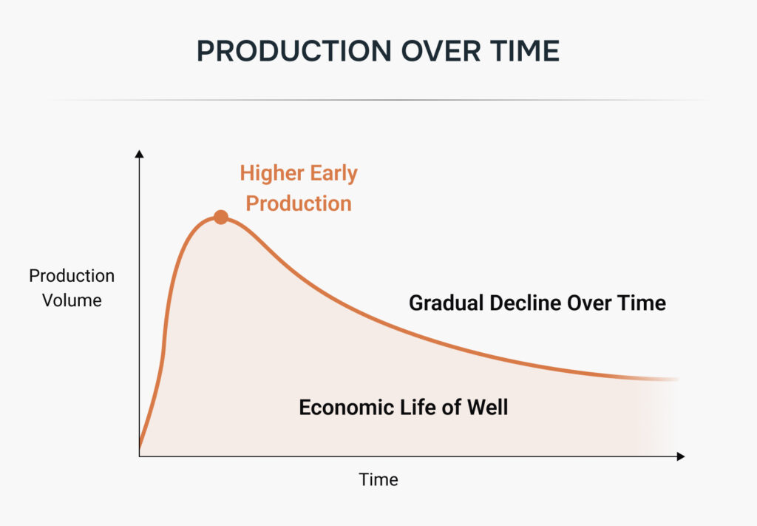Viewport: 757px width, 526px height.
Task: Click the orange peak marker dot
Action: point(220,218)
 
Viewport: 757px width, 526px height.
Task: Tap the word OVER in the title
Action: point(441,51)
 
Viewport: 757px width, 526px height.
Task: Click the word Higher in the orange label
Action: point(272,173)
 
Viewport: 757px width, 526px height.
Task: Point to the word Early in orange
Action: point(333,173)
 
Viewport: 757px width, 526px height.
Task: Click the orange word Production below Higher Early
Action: point(299,203)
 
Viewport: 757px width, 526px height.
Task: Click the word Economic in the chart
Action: point(347,407)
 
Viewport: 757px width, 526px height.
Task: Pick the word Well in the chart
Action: point(488,407)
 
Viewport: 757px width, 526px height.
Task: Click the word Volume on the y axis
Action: point(72,300)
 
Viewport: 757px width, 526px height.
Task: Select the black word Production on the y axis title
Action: point(72,276)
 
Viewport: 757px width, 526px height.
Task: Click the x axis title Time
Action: point(378,479)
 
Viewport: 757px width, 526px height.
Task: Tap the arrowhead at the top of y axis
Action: point(139,154)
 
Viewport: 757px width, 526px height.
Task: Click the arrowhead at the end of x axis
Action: point(681,456)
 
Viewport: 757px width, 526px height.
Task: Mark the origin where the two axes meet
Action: point(139,456)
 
